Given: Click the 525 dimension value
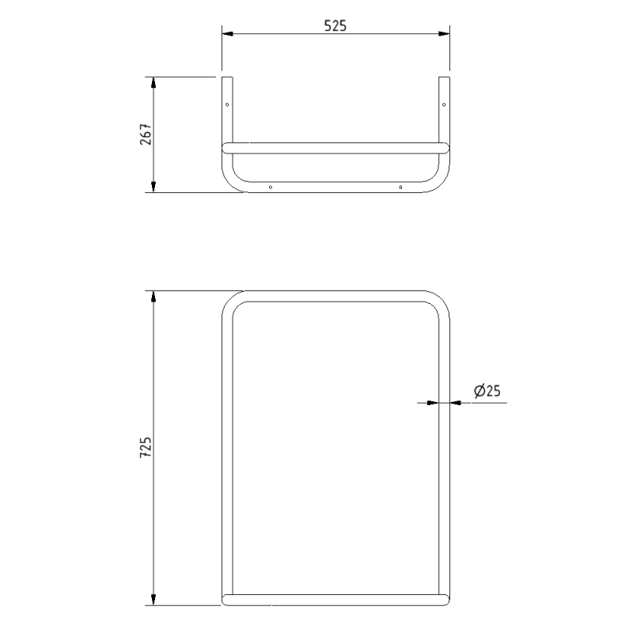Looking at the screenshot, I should (335, 25).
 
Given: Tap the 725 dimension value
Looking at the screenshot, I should (146, 449).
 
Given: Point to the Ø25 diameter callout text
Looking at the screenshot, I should (488, 390).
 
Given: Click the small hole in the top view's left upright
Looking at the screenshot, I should (227, 104).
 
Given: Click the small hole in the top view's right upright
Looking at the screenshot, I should (444, 104).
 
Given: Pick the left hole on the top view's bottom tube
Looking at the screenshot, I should (271, 188).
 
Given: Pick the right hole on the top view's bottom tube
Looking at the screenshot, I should (401, 188).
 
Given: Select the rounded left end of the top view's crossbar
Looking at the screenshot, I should (225, 147).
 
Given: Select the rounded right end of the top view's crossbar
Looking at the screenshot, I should (446, 147).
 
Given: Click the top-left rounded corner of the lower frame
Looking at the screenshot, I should (229, 301).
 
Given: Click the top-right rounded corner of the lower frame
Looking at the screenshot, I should (442, 301).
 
